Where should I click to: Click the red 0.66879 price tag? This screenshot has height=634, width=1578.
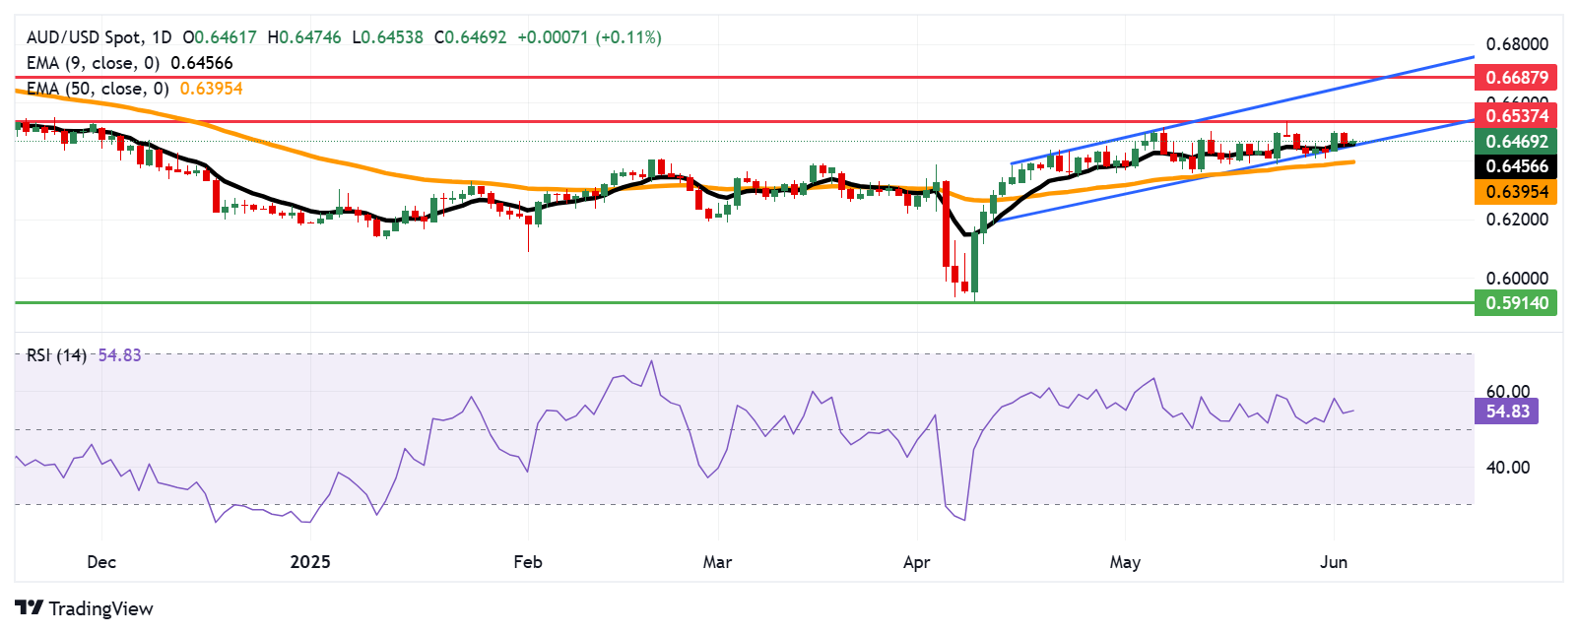[x=1516, y=77]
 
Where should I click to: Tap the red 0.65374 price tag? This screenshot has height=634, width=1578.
[x=1516, y=116]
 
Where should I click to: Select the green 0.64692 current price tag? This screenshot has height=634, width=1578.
[x=1516, y=142]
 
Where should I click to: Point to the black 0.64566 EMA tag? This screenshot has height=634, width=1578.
[x=1516, y=166]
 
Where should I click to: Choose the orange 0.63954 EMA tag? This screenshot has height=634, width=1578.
[x=1516, y=192]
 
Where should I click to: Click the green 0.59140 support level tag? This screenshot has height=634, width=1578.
[x=1516, y=303]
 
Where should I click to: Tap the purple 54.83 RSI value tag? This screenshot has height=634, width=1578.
[x=1506, y=412]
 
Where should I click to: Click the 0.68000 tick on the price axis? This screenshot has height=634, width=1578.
[x=1516, y=44]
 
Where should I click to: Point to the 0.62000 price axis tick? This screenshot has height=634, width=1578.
[x=1516, y=220]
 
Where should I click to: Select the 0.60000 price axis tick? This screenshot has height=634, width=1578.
[x=1516, y=279]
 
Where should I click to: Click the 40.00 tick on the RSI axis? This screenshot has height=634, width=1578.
[x=1507, y=468]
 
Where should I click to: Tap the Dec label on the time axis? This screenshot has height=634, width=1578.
[x=101, y=562]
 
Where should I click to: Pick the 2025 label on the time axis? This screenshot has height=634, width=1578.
[x=310, y=562]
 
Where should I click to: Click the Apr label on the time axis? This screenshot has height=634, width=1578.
[x=916, y=562]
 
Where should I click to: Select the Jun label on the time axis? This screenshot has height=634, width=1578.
[x=1333, y=562]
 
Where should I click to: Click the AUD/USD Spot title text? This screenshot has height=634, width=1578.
[x=85, y=37]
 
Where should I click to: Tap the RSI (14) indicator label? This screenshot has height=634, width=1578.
[x=56, y=355]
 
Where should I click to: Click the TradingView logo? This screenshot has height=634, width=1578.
[x=85, y=608]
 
